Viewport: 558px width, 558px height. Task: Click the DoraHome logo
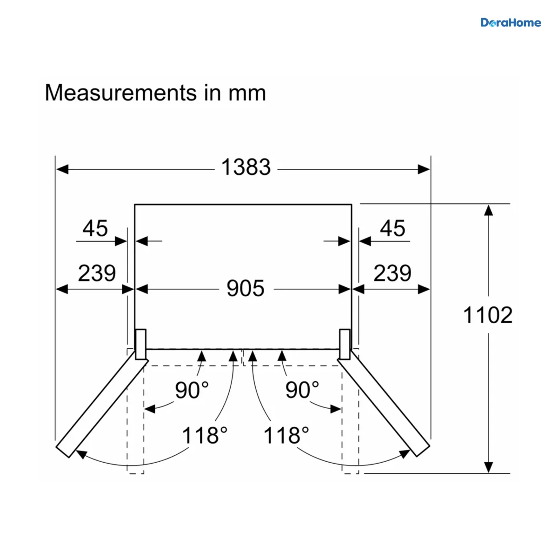tap(511, 23)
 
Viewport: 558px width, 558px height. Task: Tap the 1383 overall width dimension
tap(246, 167)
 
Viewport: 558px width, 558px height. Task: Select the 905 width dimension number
tap(245, 288)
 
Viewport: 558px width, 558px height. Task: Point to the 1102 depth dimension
tap(488, 315)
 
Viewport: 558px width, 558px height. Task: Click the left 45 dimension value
tap(95, 228)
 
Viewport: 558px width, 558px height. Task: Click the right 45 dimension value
tap(392, 228)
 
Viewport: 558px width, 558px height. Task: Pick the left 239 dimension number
tap(97, 273)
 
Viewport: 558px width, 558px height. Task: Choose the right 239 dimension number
tap(392, 273)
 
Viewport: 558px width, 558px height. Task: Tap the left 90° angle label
tap(192, 390)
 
